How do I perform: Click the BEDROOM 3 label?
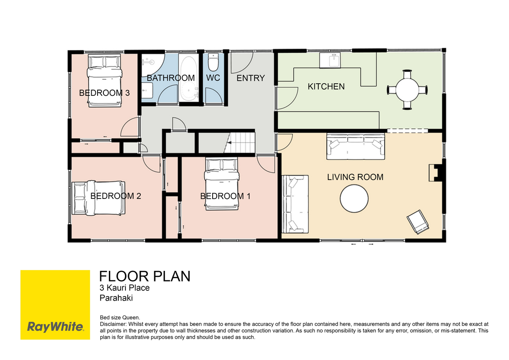pyautogui.click(x=104, y=93)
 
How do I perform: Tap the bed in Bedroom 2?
pyautogui.click(x=98, y=198)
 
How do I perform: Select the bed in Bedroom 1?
pyautogui.click(x=222, y=184)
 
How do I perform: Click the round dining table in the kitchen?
pyautogui.click(x=407, y=90)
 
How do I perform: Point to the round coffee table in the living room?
pyautogui.click(x=354, y=198)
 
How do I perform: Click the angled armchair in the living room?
pyautogui.click(x=418, y=222)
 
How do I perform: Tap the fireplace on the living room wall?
pyautogui.click(x=437, y=172)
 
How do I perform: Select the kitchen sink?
pyautogui.click(x=330, y=60)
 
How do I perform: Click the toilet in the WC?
pyautogui.click(x=213, y=62)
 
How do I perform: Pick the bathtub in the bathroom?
pyautogui.click(x=188, y=79)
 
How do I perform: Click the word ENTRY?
pyautogui.click(x=250, y=78)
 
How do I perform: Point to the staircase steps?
pyautogui.click(x=240, y=142)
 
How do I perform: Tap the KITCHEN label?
pyautogui.click(x=326, y=86)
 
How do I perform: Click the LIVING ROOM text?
pyautogui.click(x=355, y=177)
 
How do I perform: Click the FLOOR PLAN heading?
pyautogui.click(x=145, y=276)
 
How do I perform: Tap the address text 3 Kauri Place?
pyautogui.click(x=125, y=288)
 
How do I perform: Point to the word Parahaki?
pyautogui.click(x=116, y=298)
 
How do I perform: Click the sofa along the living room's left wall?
pyautogui.click(x=295, y=204)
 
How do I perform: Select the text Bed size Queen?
pyautogui.click(x=120, y=317)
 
